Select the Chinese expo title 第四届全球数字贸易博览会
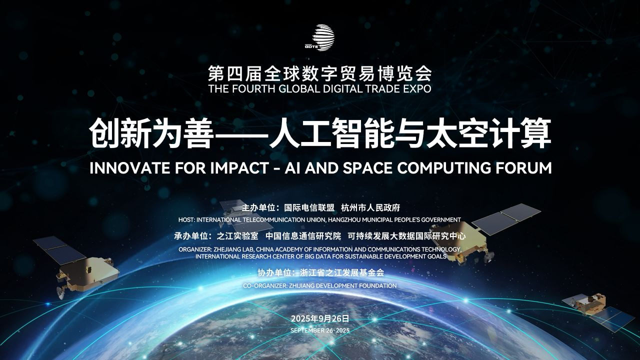[x=319, y=74]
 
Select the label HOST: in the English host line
[x=187, y=219]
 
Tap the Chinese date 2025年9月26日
[x=319, y=318]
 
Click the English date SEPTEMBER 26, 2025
[x=319, y=330]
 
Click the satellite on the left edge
[x=75, y=265]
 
